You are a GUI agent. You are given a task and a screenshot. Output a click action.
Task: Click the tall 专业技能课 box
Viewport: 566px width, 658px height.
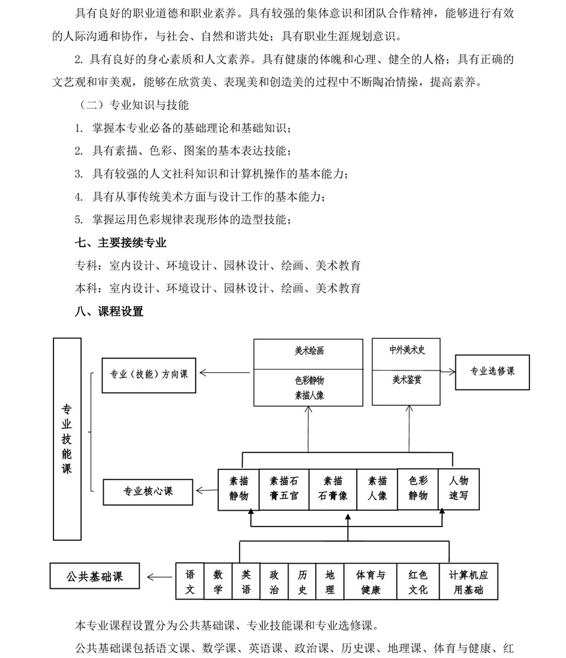pos(67,438)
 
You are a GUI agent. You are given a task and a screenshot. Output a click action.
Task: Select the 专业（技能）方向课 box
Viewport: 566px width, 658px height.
pos(148,374)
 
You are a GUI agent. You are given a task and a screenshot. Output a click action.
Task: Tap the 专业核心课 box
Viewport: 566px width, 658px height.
pos(148,491)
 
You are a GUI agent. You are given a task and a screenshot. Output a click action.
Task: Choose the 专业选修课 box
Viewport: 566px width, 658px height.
pos(492,371)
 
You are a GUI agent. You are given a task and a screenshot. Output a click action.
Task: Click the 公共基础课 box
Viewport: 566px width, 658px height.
pos(95,576)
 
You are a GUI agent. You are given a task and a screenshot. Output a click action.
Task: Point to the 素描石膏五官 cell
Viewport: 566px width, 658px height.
pos(283,488)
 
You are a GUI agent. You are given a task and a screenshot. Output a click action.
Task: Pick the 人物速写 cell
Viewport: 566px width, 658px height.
pos(458,488)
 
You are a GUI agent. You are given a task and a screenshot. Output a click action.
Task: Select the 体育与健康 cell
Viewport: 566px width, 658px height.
pos(371,583)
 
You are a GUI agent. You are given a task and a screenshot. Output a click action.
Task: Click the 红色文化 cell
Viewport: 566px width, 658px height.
pos(418,583)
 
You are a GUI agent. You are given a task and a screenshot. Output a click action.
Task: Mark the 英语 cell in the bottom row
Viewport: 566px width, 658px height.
pos(246,583)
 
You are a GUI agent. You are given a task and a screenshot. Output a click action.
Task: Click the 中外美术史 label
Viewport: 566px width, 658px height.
pos(407,350)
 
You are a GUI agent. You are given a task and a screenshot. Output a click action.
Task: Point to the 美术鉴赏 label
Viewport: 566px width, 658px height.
pos(407,379)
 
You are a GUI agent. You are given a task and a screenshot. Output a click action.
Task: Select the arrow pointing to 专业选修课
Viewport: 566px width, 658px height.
pos(447,372)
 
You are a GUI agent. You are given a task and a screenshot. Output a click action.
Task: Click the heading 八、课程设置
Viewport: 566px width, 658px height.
pos(109,311)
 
